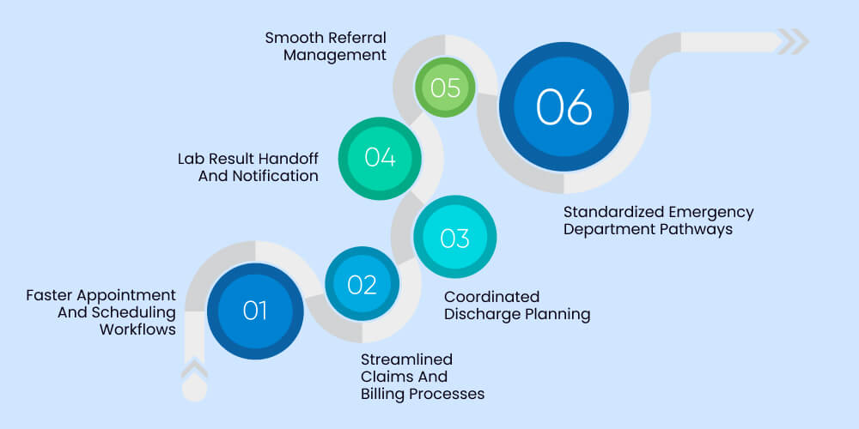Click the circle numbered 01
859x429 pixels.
(x=255, y=310)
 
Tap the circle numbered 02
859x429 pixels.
(x=362, y=284)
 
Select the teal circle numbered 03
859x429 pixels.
(x=455, y=237)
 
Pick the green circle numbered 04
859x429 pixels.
(x=379, y=157)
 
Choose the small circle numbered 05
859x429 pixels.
(x=446, y=88)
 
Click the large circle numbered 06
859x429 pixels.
(x=564, y=106)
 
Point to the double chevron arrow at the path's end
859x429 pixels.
(x=793, y=41)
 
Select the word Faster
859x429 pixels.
(x=53, y=295)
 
